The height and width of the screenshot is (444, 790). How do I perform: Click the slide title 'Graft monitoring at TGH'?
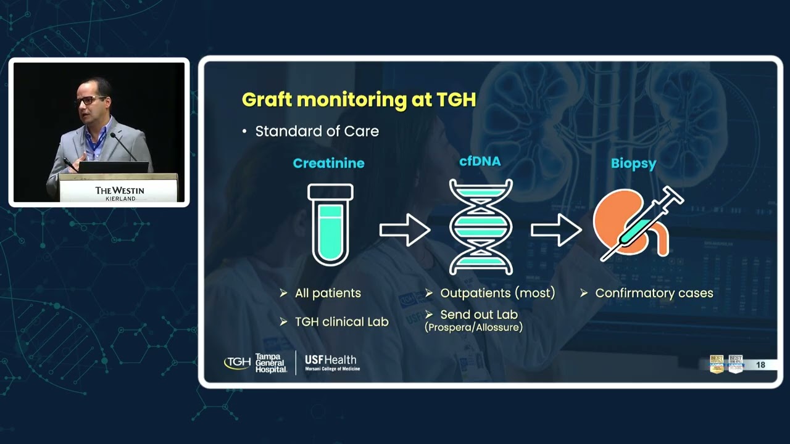click(x=359, y=100)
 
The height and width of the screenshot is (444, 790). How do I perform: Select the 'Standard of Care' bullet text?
click(x=317, y=131)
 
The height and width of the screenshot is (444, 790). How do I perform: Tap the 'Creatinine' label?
click(x=328, y=163)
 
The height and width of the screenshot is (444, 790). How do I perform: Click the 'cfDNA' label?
click(x=480, y=162)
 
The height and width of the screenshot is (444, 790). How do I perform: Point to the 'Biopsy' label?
click(x=633, y=163)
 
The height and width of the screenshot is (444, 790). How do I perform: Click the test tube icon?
click(x=330, y=224)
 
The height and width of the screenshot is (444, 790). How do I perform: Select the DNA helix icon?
click(x=481, y=227)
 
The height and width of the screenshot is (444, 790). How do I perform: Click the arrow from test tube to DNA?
click(x=404, y=230)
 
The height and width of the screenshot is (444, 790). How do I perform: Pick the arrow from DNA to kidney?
click(x=555, y=230)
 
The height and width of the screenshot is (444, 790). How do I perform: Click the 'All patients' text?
click(x=328, y=294)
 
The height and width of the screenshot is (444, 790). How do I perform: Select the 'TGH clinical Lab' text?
click(x=341, y=322)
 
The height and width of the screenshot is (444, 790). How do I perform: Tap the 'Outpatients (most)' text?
click(x=497, y=294)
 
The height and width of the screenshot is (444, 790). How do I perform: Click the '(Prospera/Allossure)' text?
click(x=473, y=327)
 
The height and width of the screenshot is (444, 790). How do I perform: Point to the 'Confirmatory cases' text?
click(x=654, y=294)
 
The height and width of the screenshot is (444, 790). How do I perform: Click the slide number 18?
click(x=760, y=365)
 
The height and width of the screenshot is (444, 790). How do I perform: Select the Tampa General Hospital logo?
click(x=256, y=363)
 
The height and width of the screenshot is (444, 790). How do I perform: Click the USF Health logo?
click(x=331, y=363)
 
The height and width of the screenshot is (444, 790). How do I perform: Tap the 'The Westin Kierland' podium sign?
click(x=119, y=192)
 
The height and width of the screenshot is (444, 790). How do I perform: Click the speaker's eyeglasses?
click(x=90, y=100)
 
